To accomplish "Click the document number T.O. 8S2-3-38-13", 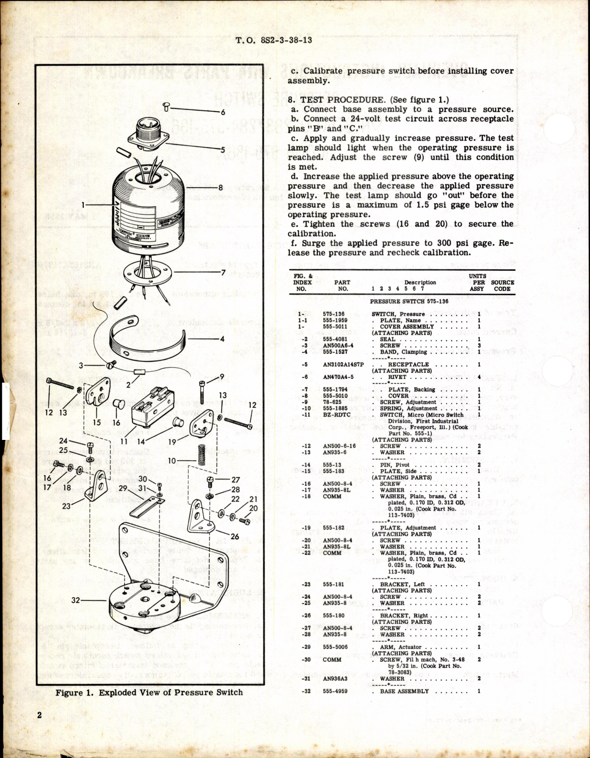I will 274,40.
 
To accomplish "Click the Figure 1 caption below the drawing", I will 149,692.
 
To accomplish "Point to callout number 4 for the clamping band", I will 222,339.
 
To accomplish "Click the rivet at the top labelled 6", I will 167,108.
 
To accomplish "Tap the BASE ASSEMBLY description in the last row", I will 404,691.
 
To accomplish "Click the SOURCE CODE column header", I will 502,285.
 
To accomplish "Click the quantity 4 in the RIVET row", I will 479,377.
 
